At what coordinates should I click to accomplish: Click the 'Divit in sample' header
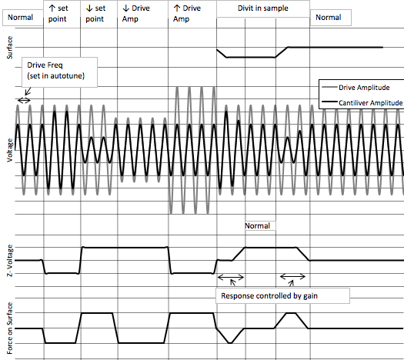[263, 8]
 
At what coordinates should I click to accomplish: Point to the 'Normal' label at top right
[330, 18]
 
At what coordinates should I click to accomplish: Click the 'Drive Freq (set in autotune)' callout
[59, 72]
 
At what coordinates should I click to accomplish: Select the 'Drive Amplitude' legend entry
[356, 88]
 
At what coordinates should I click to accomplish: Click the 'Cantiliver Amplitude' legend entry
[362, 103]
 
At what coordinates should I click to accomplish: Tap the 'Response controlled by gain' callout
[282, 296]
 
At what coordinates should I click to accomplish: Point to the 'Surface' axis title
[9, 48]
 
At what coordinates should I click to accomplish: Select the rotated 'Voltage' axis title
[9, 151]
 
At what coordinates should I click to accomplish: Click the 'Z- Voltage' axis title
[9, 261]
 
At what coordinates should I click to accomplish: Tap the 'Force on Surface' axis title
[9, 328]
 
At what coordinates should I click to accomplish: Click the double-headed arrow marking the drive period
[24, 100]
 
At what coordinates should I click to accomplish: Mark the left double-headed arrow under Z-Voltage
[231, 278]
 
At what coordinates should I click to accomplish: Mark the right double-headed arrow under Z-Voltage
[292, 277]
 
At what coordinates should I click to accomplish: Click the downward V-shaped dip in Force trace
[230, 343]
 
